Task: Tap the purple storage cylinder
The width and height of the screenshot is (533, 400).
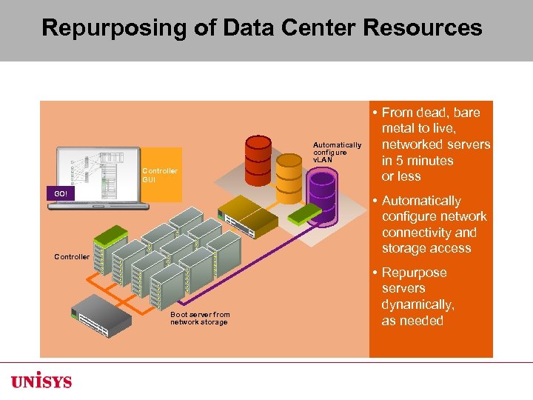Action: [322, 190]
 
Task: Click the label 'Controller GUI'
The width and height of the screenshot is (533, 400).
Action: [159, 175]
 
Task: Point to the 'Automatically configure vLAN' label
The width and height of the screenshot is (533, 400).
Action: [337, 153]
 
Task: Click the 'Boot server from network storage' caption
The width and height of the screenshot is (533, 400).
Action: [200, 319]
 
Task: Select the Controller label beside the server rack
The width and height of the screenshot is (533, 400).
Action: [72, 257]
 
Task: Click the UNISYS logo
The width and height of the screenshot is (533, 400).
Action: [41, 381]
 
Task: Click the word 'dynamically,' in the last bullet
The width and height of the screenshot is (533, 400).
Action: [418, 304]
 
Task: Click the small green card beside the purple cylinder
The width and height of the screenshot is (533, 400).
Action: [305, 214]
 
